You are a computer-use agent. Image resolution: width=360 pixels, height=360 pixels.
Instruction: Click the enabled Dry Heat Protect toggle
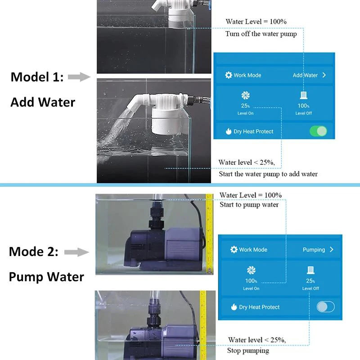click(318, 131)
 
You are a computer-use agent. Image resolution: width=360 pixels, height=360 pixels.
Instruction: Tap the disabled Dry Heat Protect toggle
click(325, 307)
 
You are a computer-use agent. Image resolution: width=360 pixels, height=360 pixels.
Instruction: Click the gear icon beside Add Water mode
click(229, 75)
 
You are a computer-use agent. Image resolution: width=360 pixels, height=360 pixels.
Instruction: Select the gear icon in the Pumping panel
click(234, 249)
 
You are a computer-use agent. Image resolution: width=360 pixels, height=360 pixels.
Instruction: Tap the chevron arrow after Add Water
click(324, 75)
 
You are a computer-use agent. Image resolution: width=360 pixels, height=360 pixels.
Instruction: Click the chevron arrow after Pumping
click(332, 249)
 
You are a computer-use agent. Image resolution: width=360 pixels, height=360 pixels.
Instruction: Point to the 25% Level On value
click(245, 106)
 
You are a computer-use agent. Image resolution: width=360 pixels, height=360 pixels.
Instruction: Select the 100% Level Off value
click(303, 106)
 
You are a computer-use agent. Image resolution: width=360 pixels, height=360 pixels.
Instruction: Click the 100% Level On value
click(251, 281)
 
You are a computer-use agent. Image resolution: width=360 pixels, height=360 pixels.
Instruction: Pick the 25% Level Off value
click(310, 281)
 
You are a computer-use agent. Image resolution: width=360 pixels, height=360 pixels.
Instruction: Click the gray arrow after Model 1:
click(79, 77)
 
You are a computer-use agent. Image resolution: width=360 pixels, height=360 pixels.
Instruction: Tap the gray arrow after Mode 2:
click(76, 252)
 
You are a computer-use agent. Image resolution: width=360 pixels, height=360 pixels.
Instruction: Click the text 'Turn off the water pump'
click(261, 34)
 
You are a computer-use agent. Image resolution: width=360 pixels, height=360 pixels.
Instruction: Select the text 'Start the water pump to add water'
click(268, 174)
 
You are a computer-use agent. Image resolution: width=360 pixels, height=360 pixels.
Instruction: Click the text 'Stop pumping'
click(248, 351)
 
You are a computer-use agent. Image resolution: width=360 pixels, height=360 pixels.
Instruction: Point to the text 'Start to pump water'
click(249, 205)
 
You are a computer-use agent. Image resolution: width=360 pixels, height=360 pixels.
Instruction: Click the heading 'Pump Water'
click(46, 276)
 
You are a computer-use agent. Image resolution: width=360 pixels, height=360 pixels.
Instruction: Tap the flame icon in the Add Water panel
click(229, 131)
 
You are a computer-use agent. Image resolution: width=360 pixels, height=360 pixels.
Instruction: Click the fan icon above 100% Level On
click(251, 270)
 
